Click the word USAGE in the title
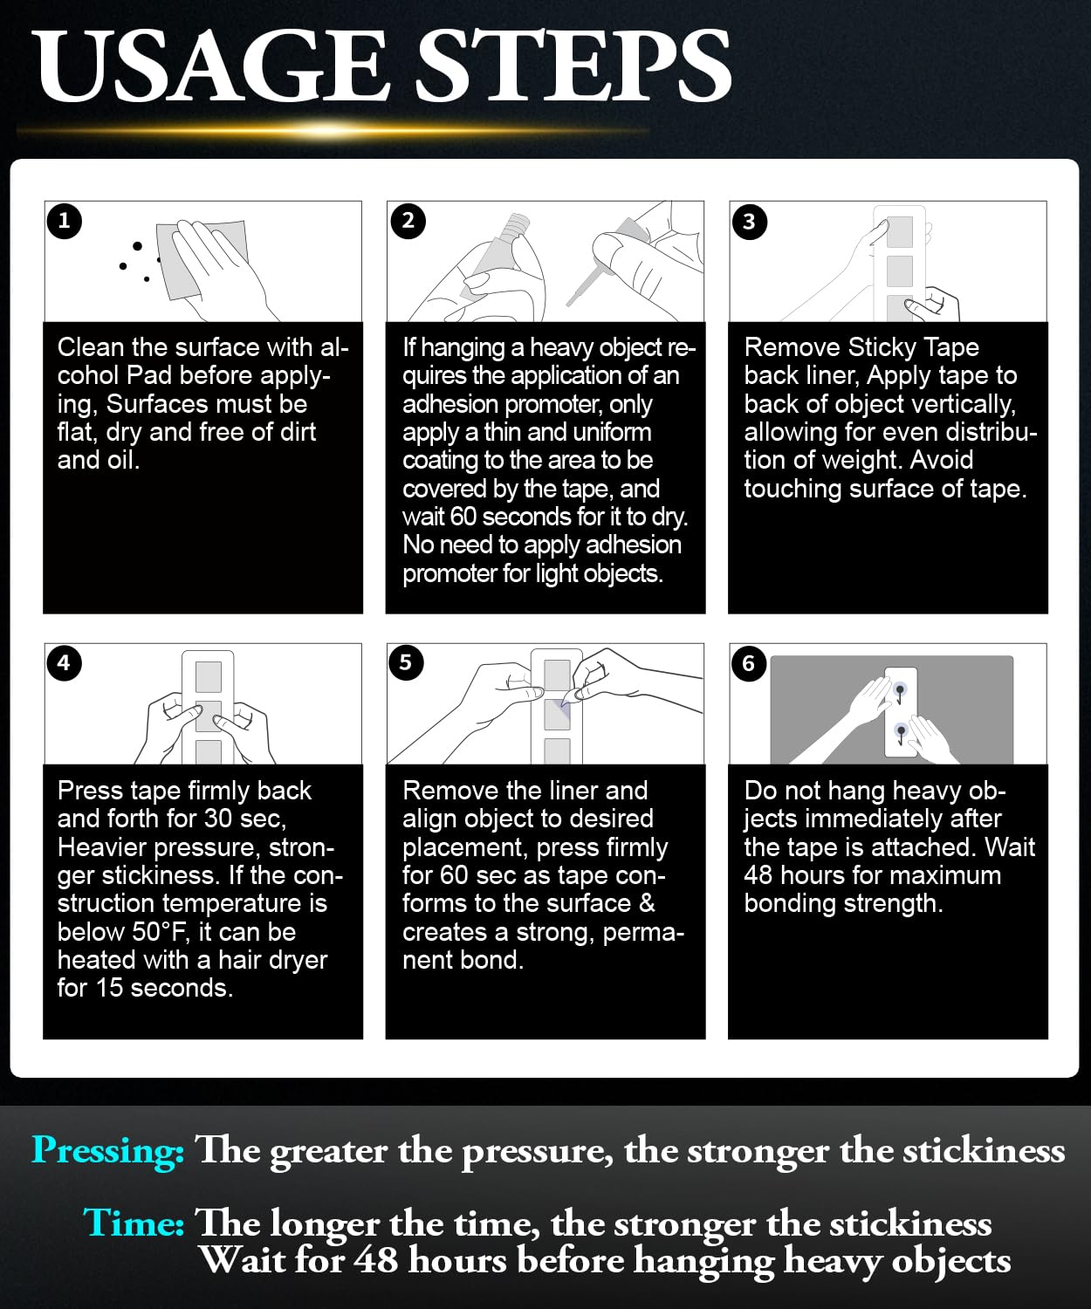[209, 65]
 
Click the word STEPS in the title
[573, 65]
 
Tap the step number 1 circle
[64, 221]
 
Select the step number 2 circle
[408, 221]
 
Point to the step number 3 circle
[749, 222]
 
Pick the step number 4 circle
[64, 663]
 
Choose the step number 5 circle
[406, 662]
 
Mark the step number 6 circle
[749, 664]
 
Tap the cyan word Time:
[134, 1223]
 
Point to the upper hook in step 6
[900, 692]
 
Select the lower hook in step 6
[901, 734]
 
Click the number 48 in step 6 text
[758, 876]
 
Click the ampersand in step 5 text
[647, 903]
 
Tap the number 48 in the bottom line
[375, 1260]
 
